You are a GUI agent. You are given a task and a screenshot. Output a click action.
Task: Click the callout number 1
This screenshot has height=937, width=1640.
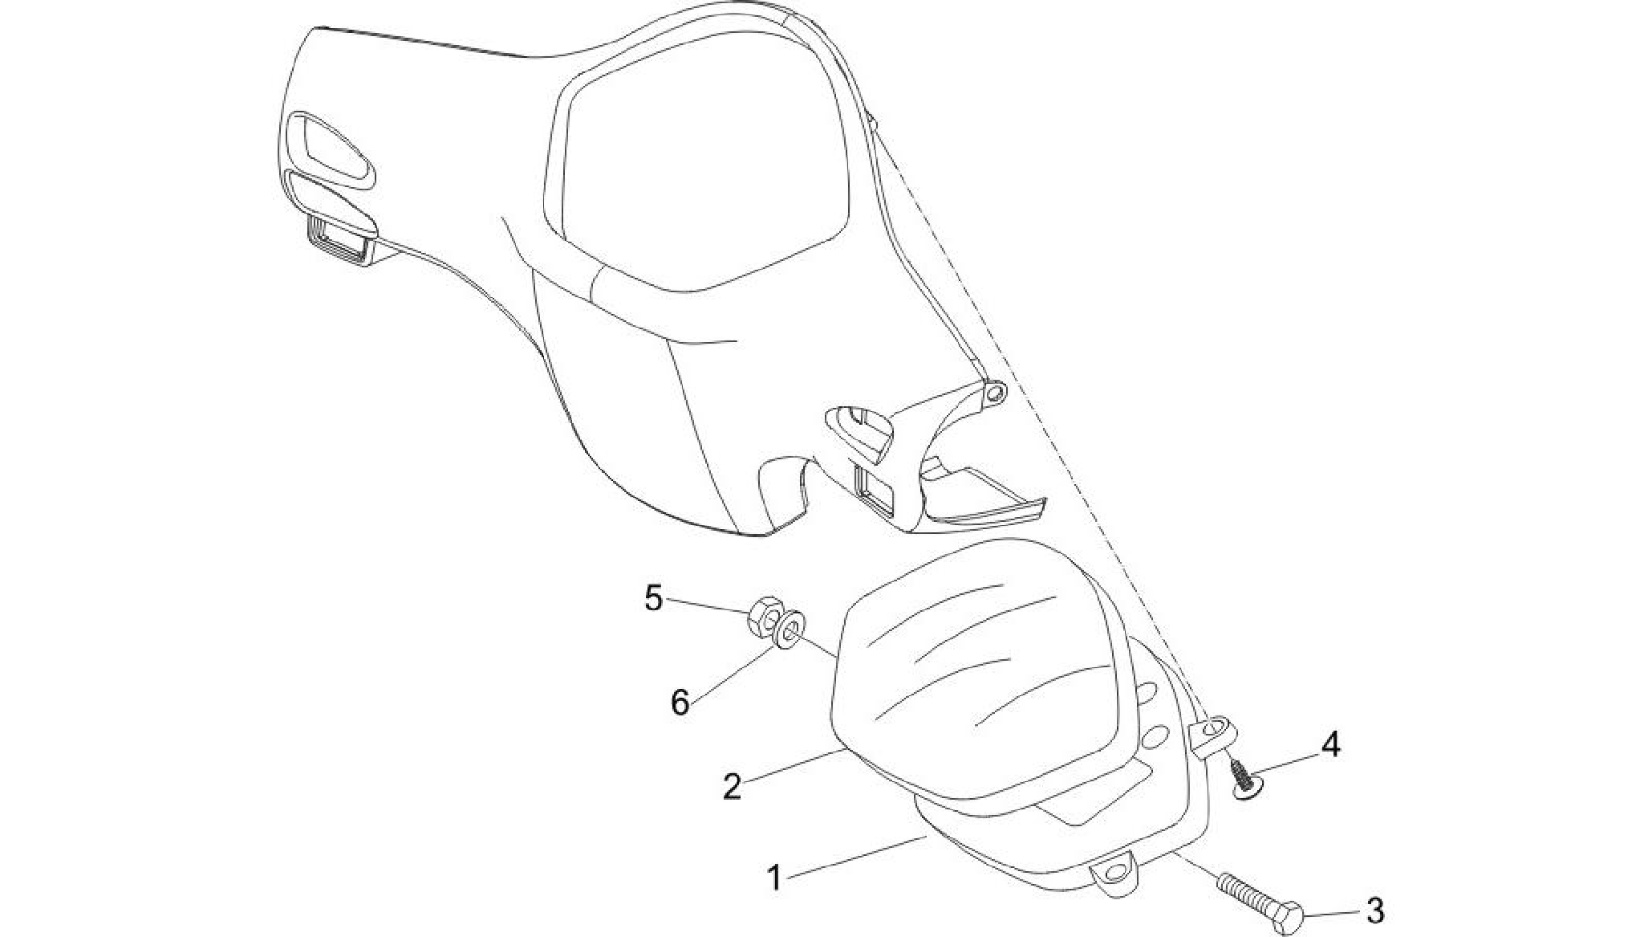(774, 878)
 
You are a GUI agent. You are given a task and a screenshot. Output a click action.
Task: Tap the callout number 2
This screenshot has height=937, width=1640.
(732, 786)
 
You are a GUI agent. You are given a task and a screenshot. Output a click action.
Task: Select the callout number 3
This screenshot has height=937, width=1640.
(1374, 911)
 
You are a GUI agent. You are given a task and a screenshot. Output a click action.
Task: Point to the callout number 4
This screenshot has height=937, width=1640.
(1330, 745)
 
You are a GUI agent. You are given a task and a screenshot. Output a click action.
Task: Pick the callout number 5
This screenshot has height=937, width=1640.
(654, 598)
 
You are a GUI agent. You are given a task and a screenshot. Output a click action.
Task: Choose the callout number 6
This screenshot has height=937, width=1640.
(680, 703)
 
